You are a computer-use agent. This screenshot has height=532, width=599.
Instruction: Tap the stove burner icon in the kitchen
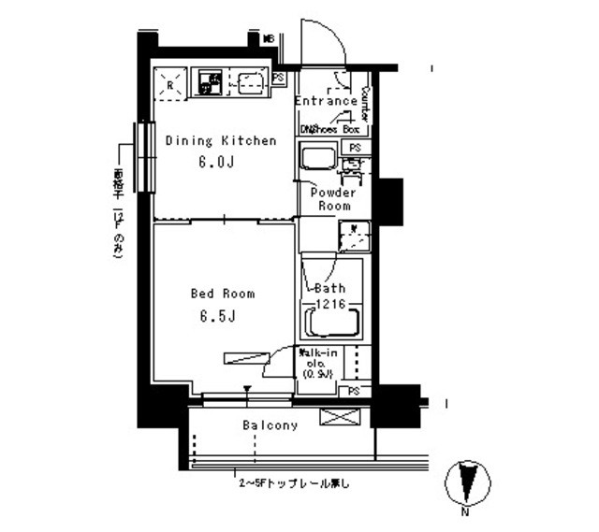[208, 84]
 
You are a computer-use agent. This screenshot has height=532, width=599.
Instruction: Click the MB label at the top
[268, 39]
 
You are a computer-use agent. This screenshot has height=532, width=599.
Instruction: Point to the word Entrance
[325, 101]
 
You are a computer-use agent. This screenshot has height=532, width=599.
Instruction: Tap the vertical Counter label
[365, 104]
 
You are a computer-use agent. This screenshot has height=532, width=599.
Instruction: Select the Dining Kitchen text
[221, 141]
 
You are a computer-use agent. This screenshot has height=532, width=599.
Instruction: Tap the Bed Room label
[223, 294]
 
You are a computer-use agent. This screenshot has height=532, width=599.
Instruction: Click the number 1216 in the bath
[329, 304]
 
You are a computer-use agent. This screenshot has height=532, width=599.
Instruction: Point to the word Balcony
[270, 425]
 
